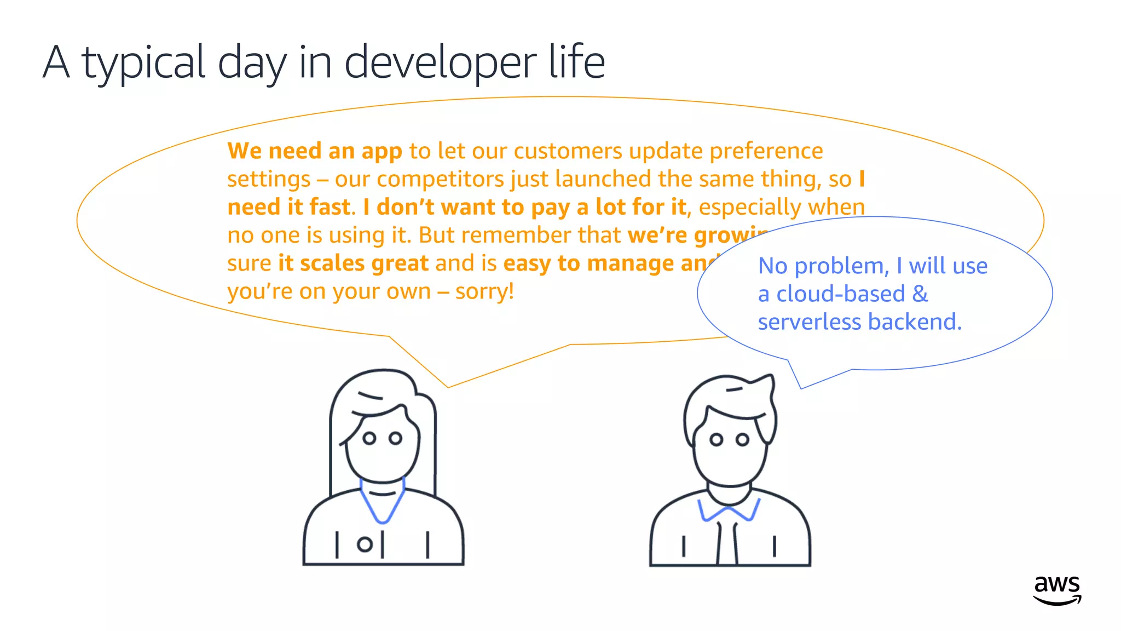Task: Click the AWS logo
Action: [x=1057, y=590]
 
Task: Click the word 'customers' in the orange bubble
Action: [x=568, y=151]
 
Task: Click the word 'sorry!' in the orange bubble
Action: [x=484, y=291]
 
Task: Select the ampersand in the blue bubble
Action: [x=920, y=294]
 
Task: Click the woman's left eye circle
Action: [x=369, y=438]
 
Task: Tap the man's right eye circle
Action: [x=742, y=440]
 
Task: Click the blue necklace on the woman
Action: [x=383, y=504]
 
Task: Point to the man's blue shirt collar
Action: [x=729, y=512]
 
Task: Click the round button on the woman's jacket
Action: [x=364, y=544]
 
